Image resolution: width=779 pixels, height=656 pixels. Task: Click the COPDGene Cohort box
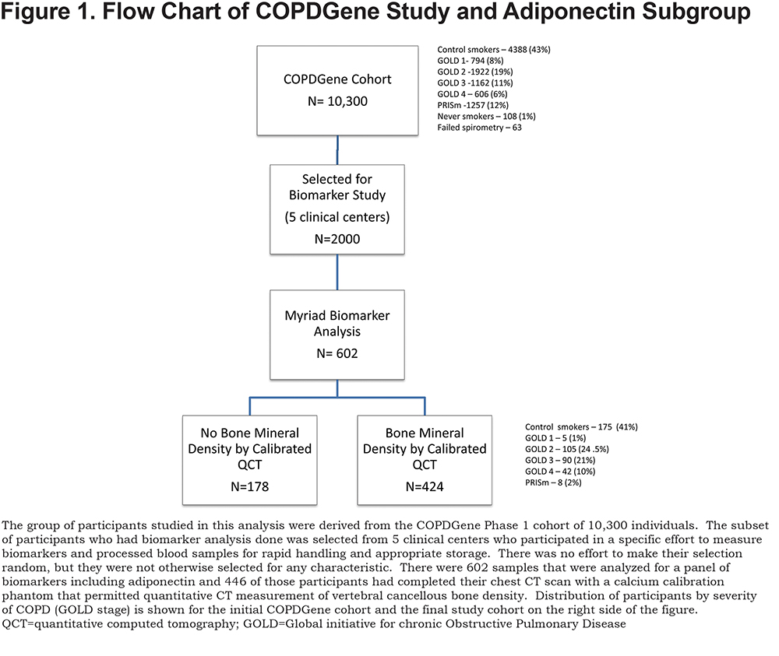pyautogui.click(x=337, y=90)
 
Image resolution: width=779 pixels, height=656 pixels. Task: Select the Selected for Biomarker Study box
pyautogui.click(x=337, y=209)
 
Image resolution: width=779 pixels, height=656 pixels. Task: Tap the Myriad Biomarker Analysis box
pyautogui.click(x=337, y=335)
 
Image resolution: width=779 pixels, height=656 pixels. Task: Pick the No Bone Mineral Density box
pyautogui.click(x=250, y=460)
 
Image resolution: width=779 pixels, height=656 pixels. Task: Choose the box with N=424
pyautogui.click(x=425, y=460)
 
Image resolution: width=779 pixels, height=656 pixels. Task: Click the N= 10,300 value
pyautogui.click(x=338, y=101)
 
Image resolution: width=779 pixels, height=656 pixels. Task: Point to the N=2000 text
pyautogui.click(x=337, y=239)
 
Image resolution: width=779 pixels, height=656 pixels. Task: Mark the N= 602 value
pyautogui.click(x=337, y=353)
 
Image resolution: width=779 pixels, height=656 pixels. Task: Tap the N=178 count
pyautogui.click(x=250, y=487)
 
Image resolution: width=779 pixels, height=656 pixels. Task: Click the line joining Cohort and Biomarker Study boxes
pyautogui.click(x=337, y=150)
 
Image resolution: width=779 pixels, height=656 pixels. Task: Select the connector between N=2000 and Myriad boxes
pyautogui.click(x=337, y=272)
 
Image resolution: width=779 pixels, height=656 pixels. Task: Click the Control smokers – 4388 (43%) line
pyautogui.click(x=494, y=50)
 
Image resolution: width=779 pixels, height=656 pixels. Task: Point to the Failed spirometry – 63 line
pyautogui.click(x=479, y=128)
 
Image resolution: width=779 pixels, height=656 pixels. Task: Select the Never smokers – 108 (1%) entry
pyautogui.click(x=486, y=116)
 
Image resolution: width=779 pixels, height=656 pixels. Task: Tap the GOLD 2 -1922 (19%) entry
pyautogui.click(x=475, y=72)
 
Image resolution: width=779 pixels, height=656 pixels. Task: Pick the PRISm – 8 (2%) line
pyautogui.click(x=553, y=482)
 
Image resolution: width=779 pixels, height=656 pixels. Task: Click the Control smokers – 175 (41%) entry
pyautogui.click(x=581, y=426)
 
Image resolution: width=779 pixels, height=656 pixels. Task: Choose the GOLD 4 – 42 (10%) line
pyautogui.click(x=560, y=472)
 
